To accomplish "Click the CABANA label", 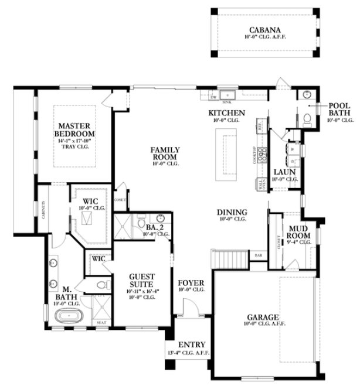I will pos(264,30).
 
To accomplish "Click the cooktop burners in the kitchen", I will pos(261,154).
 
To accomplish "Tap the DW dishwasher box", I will pos(214,95).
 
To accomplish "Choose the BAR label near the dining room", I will pos(258,255).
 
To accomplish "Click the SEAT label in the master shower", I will pos(101,322).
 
